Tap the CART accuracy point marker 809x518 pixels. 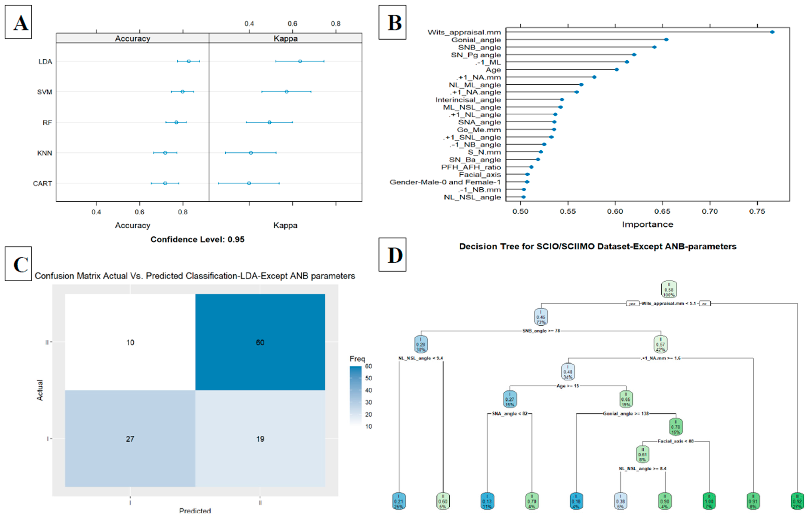[x=165, y=183]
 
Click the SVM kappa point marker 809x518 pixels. [x=286, y=92]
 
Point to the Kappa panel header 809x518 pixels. [x=285, y=38]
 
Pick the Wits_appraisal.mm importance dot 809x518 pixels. [x=772, y=32]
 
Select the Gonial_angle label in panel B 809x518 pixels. [x=476, y=40]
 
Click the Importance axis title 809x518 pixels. [x=647, y=224]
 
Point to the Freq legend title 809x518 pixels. [x=357, y=359]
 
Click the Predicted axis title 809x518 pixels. [x=195, y=511]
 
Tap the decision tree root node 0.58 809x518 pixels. [x=669, y=289]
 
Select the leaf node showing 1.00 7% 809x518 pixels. [x=709, y=501]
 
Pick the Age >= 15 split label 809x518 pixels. [x=568, y=386]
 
